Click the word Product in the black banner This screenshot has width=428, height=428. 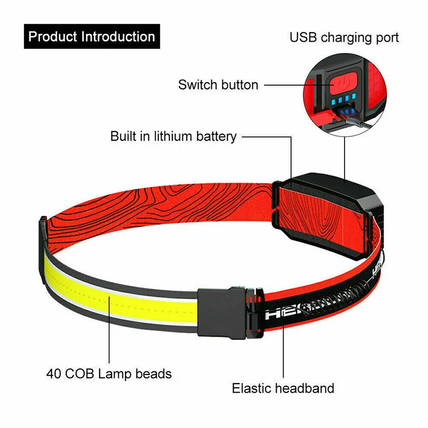pyautogui.click(x=52, y=37)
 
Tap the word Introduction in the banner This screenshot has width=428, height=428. pyautogui.click(x=118, y=37)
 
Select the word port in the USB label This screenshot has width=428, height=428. pyautogui.click(x=386, y=38)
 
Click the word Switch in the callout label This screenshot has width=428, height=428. pyautogui.click(x=197, y=85)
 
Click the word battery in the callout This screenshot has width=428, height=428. pyautogui.click(x=215, y=136)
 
